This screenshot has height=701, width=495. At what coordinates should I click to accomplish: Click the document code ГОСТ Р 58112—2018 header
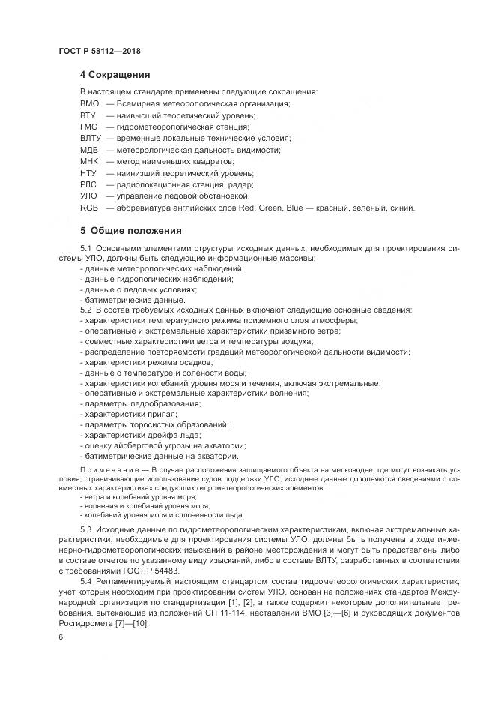100,52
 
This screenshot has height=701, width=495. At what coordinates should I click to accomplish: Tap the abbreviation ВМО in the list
89,103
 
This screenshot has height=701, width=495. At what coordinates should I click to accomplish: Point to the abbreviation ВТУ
88,115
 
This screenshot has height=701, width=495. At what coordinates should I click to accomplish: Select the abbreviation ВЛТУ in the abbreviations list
90,139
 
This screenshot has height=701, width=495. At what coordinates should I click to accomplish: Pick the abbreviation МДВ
88,150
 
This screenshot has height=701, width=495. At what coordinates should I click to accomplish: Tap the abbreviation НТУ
88,173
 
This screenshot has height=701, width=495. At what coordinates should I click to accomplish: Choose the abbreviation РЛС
88,184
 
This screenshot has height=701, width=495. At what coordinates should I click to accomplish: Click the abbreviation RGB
88,208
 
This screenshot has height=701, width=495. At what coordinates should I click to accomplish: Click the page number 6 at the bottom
61,637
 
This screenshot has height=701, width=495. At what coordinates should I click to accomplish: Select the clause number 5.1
85,248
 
